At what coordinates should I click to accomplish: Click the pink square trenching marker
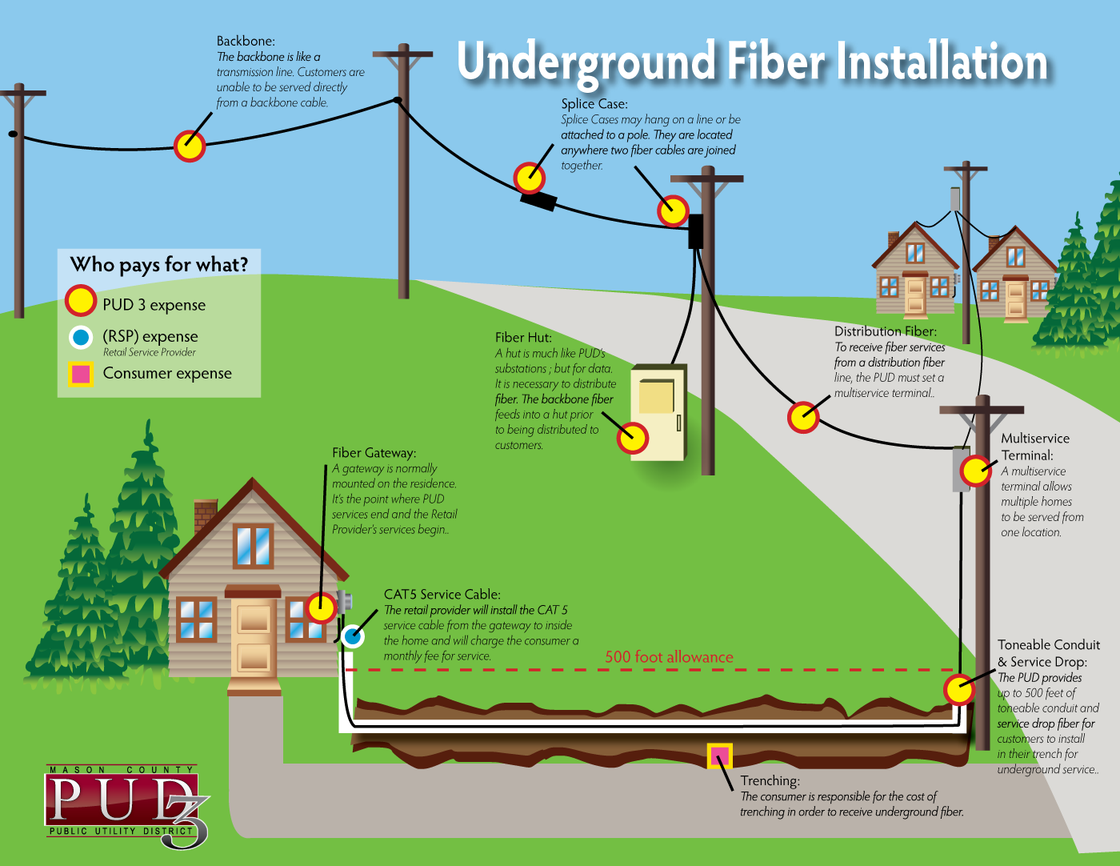(x=719, y=756)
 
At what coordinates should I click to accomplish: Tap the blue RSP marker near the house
(x=353, y=636)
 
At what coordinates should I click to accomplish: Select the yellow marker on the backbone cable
(x=190, y=146)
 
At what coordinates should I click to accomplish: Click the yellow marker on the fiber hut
(x=633, y=438)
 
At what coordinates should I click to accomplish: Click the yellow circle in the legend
(x=81, y=300)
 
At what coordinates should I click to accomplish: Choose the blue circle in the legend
(x=81, y=338)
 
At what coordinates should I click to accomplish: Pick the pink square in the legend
(x=81, y=374)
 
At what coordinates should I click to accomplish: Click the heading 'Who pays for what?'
(x=158, y=265)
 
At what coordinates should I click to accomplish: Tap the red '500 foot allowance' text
(x=669, y=657)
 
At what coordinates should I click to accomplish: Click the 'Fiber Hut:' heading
(x=523, y=338)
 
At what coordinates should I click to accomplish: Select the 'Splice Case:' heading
(x=594, y=104)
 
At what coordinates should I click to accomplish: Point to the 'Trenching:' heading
(x=770, y=781)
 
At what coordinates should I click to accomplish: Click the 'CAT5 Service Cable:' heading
(x=442, y=595)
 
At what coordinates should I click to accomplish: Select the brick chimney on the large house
(x=205, y=515)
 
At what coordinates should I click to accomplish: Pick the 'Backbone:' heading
(x=246, y=42)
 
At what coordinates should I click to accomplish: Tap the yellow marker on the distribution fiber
(x=803, y=417)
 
